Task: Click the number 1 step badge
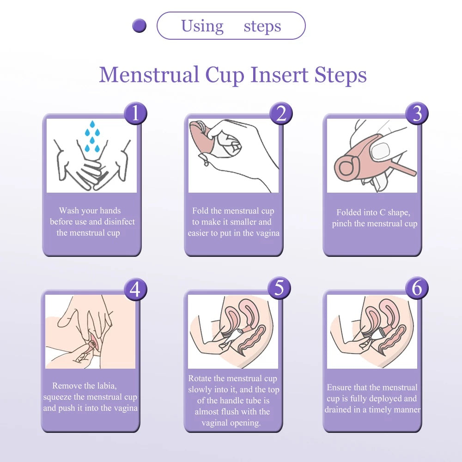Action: (135, 113)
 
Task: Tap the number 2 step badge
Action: (281, 113)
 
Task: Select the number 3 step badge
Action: (417, 113)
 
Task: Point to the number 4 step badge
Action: (135, 289)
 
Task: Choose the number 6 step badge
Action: (417, 288)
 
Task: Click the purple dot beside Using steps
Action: (139, 26)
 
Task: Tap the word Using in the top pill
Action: (202, 26)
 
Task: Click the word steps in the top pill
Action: (262, 26)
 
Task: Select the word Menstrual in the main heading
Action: (149, 75)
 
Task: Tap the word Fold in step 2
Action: (200, 211)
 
